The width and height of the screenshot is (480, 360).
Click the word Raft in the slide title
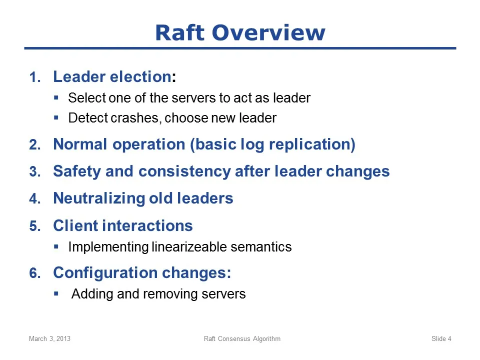(x=179, y=32)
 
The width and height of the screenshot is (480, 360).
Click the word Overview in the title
(x=268, y=32)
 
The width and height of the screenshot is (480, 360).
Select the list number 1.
(x=35, y=77)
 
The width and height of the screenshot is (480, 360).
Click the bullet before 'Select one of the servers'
(x=56, y=98)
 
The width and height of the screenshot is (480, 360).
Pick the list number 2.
(x=35, y=144)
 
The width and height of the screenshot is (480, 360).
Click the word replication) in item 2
(x=312, y=144)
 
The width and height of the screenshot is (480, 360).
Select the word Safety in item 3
(x=77, y=171)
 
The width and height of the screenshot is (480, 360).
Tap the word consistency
(x=184, y=171)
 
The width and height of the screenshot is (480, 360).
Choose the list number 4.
(x=35, y=198)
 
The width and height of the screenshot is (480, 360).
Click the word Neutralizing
(x=99, y=198)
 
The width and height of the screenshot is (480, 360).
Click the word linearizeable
(x=189, y=247)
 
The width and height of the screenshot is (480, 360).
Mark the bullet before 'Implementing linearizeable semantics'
(x=56, y=246)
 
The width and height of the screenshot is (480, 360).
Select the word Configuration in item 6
(x=105, y=273)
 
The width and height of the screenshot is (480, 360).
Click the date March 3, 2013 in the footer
(x=49, y=338)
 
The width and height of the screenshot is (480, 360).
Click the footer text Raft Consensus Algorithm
(x=242, y=338)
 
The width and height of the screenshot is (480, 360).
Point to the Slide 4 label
(x=441, y=338)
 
